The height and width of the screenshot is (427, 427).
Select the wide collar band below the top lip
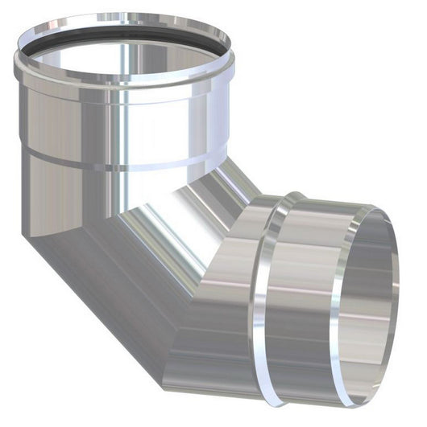pyautogui.click(x=121, y=121)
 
